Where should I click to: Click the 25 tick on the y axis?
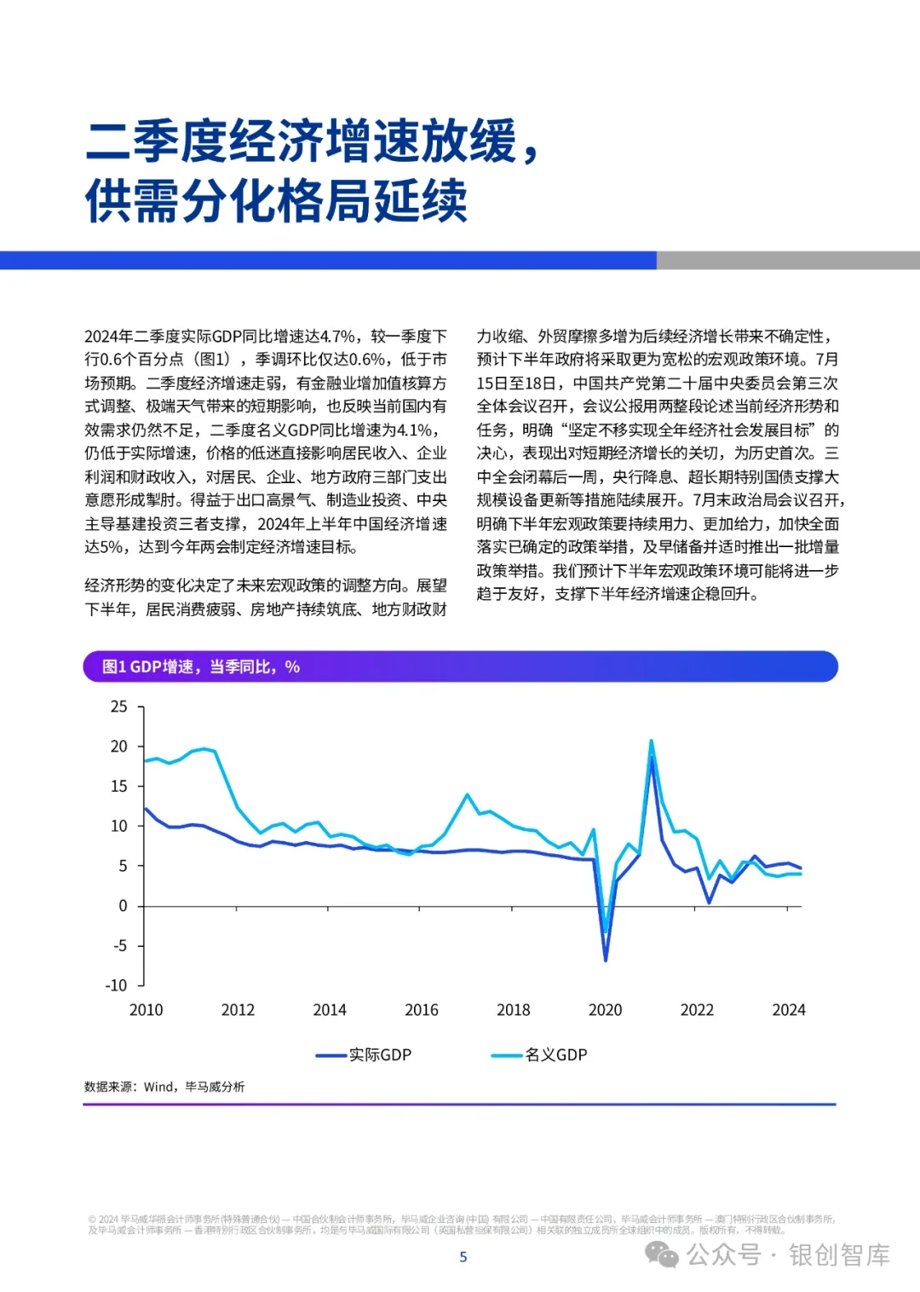119,707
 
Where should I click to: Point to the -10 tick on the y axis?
117,985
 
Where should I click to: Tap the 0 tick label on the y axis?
123,906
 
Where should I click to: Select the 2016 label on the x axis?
422,1010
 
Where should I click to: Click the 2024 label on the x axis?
789,1010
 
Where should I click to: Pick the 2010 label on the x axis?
146,1010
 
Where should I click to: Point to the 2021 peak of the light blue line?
652,741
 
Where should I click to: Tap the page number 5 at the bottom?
463,1257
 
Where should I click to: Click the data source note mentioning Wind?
164,1087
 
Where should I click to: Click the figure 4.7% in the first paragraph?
337,337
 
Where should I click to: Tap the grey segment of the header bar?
788,260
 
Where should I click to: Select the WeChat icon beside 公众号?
662,1254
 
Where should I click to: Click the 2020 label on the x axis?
606,1010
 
